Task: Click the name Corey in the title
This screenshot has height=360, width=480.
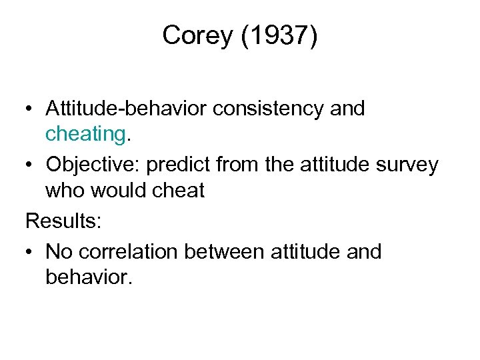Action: point(195,36)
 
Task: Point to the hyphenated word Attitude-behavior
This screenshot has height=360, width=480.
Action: point(126,109)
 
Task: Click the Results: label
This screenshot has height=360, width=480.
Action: point(63,221)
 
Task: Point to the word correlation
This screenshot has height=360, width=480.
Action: point(128,251)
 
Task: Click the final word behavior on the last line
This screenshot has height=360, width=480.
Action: point(89,277)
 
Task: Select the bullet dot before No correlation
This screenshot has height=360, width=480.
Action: point(30,252)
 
